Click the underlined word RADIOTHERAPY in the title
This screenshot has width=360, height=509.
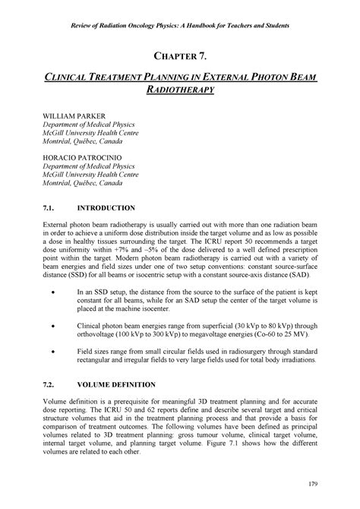tap(180, 92)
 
